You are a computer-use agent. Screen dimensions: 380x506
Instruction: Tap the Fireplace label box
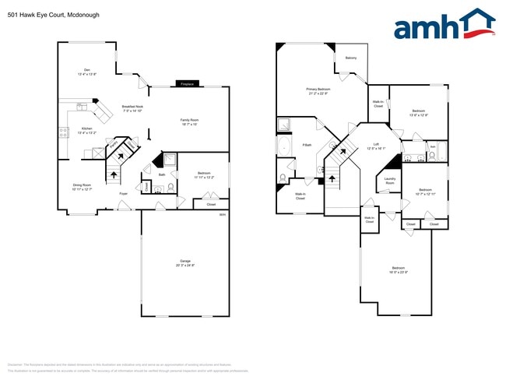pyautogui.click(x=186, y=83)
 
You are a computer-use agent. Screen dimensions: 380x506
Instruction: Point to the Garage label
pyautogui.click(x=185, y=262)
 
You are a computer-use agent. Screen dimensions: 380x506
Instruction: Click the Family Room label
pyautogui.click(x=190, y=121)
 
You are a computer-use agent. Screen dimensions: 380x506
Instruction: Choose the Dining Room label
pyautogui.click(x=82, y=187)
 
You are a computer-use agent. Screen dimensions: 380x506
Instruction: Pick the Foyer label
pyautogui.click(x=123, y=192)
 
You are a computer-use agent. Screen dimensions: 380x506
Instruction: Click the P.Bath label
pyautogui.click(x=307, y=145)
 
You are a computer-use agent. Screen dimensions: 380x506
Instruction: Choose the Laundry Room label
pyautogui.click(x=390, y=182)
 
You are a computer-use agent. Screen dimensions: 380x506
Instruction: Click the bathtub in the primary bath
pyautogui.click(x=286, y=148)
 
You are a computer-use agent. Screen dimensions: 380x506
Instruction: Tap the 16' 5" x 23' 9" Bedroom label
pyautogui.click(x=399, y=269)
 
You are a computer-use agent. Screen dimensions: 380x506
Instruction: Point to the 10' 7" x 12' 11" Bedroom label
pyautogui.click(x=425, y=192)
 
